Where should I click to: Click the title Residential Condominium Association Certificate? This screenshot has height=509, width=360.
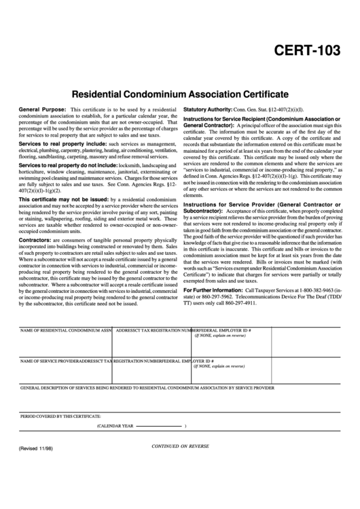pos(180,93)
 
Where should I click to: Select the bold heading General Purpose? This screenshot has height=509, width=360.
pos(42,109)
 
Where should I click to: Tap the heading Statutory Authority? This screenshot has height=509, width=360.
pos(208,109)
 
